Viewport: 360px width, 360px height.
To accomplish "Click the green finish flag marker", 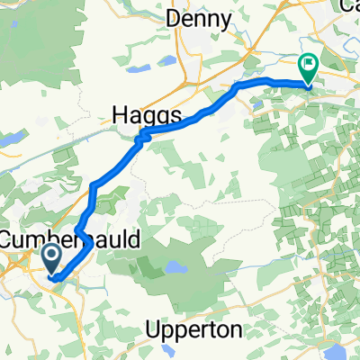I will [308, 65].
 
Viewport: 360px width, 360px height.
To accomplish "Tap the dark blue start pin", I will [52, 257].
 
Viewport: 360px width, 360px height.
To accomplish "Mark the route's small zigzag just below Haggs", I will [140, 137].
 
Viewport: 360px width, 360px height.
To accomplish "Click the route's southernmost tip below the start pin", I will [57, 280].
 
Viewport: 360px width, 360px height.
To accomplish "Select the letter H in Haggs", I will [121, 115].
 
